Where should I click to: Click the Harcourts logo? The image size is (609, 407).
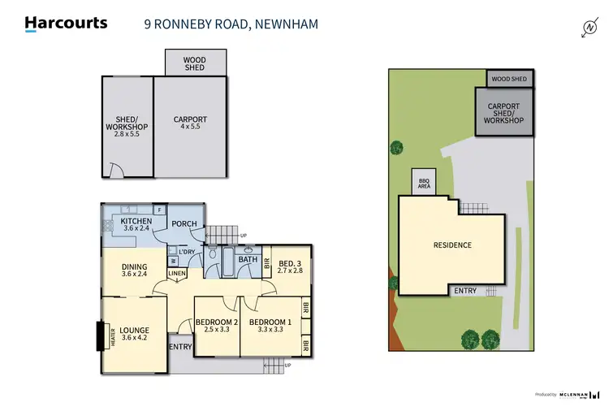(x=66, y=24)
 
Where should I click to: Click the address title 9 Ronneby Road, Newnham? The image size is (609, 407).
(x=226, y=24)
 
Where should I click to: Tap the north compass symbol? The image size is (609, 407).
(x=590, y=28)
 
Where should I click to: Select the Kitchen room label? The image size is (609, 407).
(x=137, y=225)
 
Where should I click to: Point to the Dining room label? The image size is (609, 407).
(x=134, y=271)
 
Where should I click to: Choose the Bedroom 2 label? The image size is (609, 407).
(x=216, y=327)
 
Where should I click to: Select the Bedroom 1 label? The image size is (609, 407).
(x=270, y=327)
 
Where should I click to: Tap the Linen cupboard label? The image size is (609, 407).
(x=177, y=273)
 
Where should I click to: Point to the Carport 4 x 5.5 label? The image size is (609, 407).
(x=191, y=123)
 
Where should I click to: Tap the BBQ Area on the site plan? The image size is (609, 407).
(x=424, y=184)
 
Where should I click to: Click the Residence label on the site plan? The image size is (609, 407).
(x=452, y=245)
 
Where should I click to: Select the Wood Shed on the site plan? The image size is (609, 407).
(x=509, y=79)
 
